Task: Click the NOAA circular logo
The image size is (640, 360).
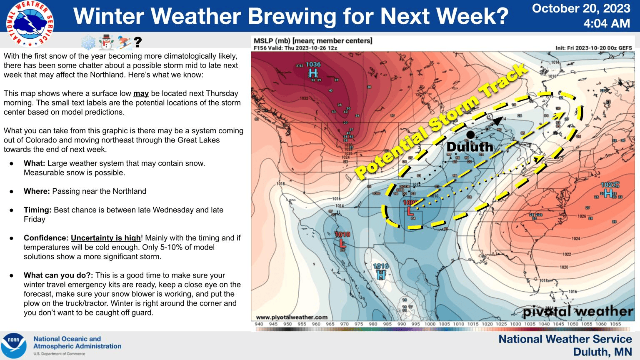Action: [14, 346]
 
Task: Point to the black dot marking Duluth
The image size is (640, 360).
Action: [470, 135]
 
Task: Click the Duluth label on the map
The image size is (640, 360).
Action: [470, 147]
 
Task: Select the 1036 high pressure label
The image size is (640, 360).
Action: [313, 65]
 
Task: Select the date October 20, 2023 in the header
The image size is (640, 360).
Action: [581, 8]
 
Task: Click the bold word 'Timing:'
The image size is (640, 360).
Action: [37, 210]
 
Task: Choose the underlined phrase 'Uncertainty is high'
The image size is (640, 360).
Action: [106, 238]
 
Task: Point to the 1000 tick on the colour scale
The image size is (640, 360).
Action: [430, 324]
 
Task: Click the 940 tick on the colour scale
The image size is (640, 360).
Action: [259, 324]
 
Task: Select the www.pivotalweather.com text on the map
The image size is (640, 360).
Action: [292, 317]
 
